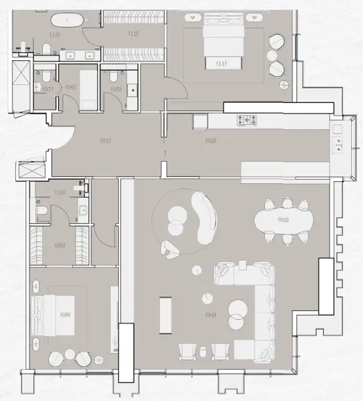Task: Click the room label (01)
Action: tap(105, 140)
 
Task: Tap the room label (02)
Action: tap(210, 140)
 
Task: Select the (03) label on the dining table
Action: tap(283, 220)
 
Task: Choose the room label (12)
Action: tap(133, 33)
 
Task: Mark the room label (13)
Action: tap(55, 33)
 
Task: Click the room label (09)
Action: tap(60, 245)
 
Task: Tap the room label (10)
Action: tap(60, 192)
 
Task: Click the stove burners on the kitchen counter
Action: tap(248, 121)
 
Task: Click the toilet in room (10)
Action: tap(41, 213)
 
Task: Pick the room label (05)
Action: tap(117, 88)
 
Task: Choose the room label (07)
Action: tap(47, 88)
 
